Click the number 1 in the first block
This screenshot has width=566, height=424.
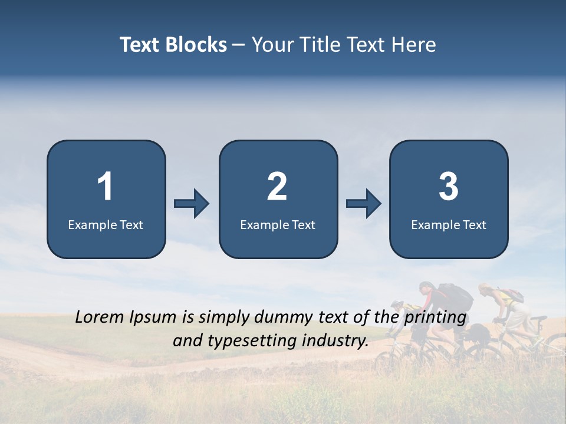[x=106, y=187]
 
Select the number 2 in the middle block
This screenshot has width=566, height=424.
[x=277, y=187]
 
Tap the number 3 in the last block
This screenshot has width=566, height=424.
[x=449, y=187]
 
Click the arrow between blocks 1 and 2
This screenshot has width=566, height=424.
[x=192, y=203]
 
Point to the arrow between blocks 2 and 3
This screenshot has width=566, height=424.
[x=363, y=203]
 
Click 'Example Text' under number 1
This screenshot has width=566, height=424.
[x=106, y=224]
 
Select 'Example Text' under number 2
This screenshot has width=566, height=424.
[x=278, y=224]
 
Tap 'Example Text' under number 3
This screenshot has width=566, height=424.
[x=449, y=224]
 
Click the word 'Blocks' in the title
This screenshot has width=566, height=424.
[x=196, y=45]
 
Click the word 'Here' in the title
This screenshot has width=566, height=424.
[x=413, y=45]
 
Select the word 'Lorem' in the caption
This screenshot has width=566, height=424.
[x=97, y=317]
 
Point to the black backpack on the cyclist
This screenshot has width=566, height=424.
[x=455, y=298]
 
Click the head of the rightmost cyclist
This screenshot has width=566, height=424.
[x=485, y=289]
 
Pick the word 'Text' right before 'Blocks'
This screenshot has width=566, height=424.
[x=140, y=45]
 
